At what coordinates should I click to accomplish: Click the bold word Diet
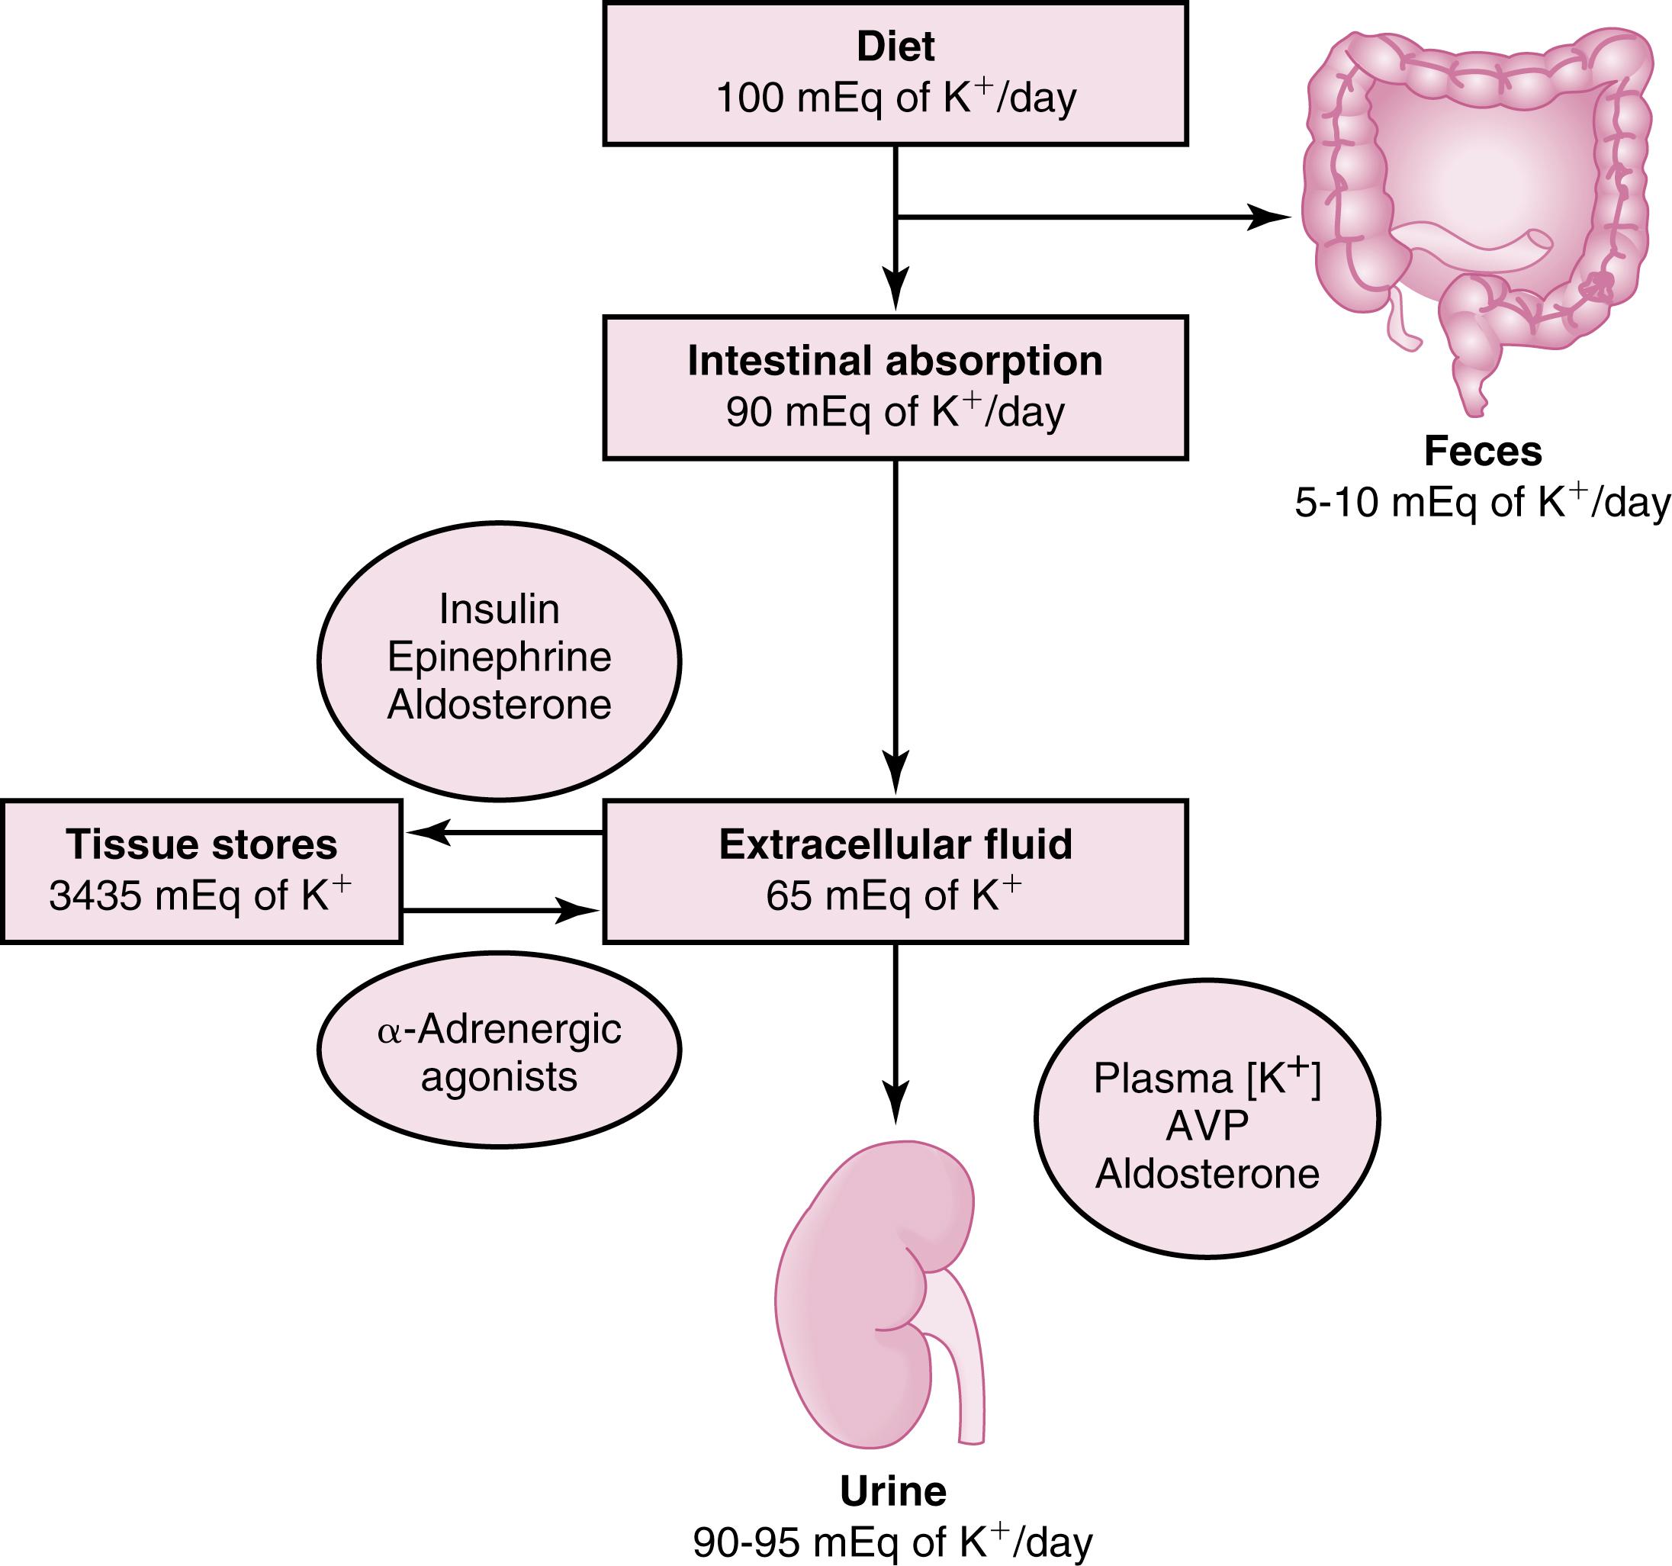point(895,47)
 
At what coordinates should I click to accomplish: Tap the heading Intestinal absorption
point(895,362)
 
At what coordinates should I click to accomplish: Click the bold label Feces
point(1483,452)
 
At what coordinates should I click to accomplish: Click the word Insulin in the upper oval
point(499,609)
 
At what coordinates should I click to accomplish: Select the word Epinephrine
point(499,657)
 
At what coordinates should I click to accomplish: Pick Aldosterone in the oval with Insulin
point(499,704)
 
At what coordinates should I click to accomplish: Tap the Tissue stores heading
point(201,844)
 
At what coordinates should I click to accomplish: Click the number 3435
point(95,896)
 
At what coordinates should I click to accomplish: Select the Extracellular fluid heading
point(895,844)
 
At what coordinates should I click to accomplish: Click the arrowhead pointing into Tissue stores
point(426,833)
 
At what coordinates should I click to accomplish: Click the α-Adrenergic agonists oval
point(499,1051)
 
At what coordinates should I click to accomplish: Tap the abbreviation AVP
point(1207,1125)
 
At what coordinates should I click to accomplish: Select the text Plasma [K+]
point(1207,1079)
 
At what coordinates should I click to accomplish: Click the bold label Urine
point(893,1491)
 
